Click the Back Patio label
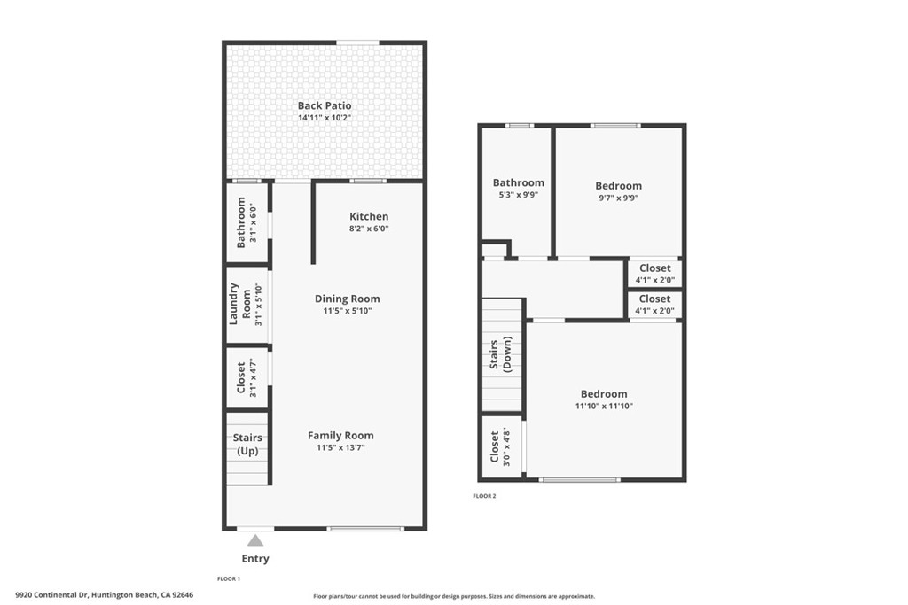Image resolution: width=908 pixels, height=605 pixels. pyautogui.click(x=325, y=106)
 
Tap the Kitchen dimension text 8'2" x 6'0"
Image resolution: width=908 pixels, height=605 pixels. pyautogui.click(x=369, y=229)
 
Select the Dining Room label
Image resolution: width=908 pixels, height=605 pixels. pyautogui.click(x=347, y=299)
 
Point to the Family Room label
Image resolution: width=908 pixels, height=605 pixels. pyautogui.click(x=340, y=435)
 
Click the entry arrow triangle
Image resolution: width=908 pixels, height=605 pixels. pyautogui.click(x=255, y=539)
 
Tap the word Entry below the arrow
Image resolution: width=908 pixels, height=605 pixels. pyautogui.click(x=255, y=559)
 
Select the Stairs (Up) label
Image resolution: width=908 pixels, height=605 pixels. pyautogui.click(x=247, y=444)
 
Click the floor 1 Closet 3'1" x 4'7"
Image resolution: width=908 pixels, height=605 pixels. pyautogui.click(x=247, y=378)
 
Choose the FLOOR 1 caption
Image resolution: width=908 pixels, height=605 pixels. pyautogui.click(x=229, y=578)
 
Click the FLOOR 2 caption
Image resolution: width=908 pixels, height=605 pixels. pyautogui.click(x=484, y=496)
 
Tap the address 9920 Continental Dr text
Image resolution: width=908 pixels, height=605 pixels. pyautogui.click(x=104, y=595)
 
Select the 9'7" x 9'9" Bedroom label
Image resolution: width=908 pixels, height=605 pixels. pyautogui.click(x=618, y=186)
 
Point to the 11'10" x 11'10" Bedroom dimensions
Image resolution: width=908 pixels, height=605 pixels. pyautogui.click(x=604, y=407)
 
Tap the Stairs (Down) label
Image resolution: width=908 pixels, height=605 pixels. pyautogui.click(x=501, y=353)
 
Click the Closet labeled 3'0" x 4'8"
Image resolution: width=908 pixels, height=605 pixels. pyautogui.click(x=500, y=447)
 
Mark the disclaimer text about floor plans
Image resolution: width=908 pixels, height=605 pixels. pyautogui.click(x=454, y=596)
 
